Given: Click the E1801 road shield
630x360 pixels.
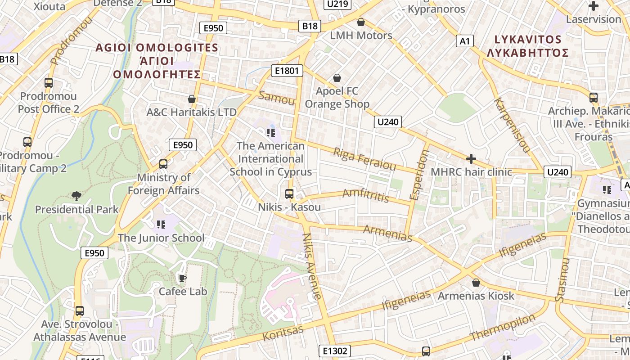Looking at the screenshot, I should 287,71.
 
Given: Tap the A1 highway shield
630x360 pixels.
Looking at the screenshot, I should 465,41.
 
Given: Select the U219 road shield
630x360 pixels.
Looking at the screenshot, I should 337,4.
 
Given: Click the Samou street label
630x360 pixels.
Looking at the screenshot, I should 277,98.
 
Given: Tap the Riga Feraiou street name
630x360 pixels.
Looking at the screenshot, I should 364,159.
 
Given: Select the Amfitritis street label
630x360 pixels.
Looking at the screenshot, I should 365,195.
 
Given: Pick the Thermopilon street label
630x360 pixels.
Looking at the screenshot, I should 503,327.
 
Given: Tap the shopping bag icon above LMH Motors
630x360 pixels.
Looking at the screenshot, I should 361,22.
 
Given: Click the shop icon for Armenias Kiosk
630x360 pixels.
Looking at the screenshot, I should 476,283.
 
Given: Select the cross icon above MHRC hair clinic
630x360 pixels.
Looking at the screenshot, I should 471,159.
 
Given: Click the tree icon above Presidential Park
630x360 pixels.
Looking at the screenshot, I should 76,196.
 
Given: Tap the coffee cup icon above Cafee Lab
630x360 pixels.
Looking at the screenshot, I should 182,278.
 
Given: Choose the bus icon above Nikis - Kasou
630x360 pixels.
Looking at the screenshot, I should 289,194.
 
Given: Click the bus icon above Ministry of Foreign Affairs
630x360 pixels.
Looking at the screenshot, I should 163,164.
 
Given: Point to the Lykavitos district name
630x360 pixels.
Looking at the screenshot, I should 527,46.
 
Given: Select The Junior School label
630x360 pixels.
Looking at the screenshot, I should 161,238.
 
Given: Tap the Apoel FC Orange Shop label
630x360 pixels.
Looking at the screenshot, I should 337,97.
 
